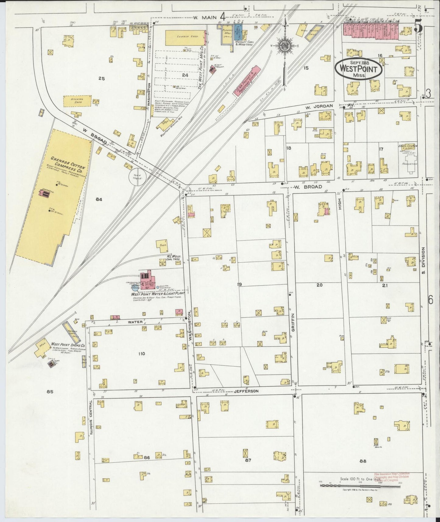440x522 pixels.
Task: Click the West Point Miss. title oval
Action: (x=358, y=69)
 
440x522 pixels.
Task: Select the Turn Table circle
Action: (x=138, y=176)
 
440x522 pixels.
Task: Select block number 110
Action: (x=141, y=354)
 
